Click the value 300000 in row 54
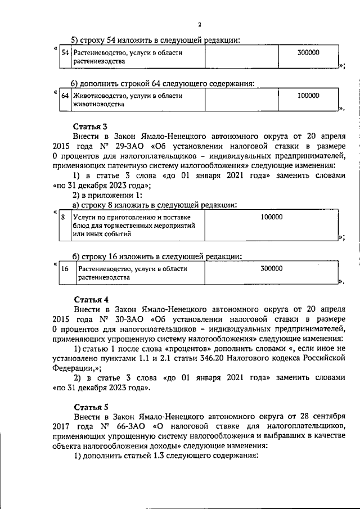point(308,52)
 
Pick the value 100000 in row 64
point(308,96)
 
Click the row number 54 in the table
point(65,52)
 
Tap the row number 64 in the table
point(65,96)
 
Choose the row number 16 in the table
point(65,269)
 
